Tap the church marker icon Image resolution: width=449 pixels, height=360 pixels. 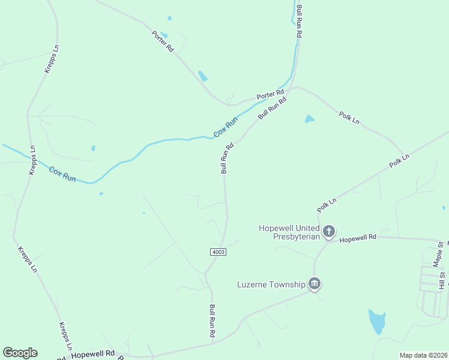point(328,231)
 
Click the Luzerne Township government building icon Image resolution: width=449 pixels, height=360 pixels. point(313,283)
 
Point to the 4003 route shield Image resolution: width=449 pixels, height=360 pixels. point(218,252)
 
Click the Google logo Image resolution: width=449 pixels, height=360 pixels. point(20,353)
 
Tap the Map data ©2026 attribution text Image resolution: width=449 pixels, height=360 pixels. point(423,355)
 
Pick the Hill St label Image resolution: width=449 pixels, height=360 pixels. point(442,279)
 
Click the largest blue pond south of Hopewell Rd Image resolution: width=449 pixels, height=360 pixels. point(377,322)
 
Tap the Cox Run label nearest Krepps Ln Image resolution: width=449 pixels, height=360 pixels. point(62,175)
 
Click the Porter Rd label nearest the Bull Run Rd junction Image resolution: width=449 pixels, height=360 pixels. point(270,95)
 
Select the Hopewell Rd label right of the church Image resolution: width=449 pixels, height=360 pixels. point(358,238)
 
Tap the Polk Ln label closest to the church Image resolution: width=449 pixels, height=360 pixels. point(327,204)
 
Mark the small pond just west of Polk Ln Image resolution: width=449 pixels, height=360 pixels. point(309,119)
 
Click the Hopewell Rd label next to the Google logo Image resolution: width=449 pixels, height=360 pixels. point(92,354)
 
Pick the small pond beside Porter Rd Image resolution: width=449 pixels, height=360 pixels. point(203,76)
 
